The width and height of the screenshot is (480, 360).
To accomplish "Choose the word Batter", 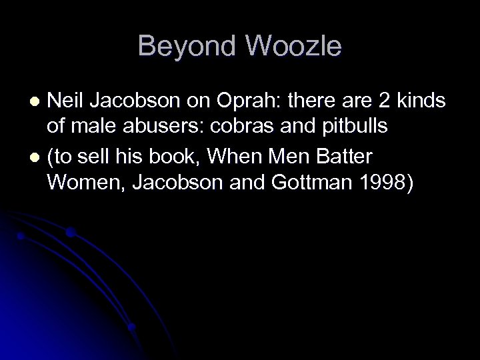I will point(348,158).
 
